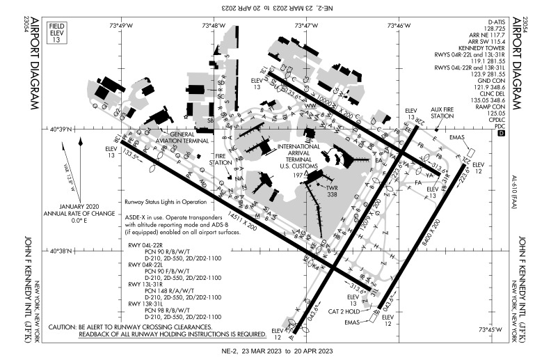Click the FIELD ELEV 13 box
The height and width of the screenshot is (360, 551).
click(x=58, y=33)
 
